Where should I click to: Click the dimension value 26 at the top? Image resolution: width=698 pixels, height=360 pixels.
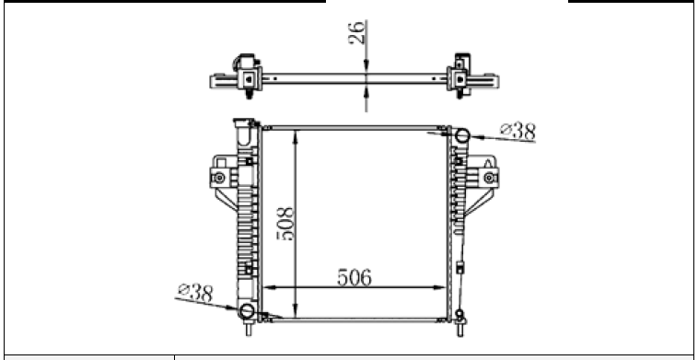point(356,32)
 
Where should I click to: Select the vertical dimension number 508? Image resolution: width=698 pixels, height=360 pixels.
point(285,224)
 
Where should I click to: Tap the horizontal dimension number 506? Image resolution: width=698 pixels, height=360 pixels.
point(355,278)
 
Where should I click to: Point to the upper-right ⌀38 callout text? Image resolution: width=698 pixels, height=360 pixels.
point(518,132)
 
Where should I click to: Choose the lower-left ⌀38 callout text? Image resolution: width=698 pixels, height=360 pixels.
point(195,293)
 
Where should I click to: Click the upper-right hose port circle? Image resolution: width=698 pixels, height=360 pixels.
point(462,135)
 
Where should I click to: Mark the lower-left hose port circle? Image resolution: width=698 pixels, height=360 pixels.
point(246,310)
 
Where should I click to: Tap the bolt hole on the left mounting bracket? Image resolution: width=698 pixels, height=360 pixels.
point(219,178)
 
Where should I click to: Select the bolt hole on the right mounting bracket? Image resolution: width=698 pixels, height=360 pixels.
point(489,178)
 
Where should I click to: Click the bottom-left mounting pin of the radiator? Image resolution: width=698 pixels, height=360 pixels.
point(249,329)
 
